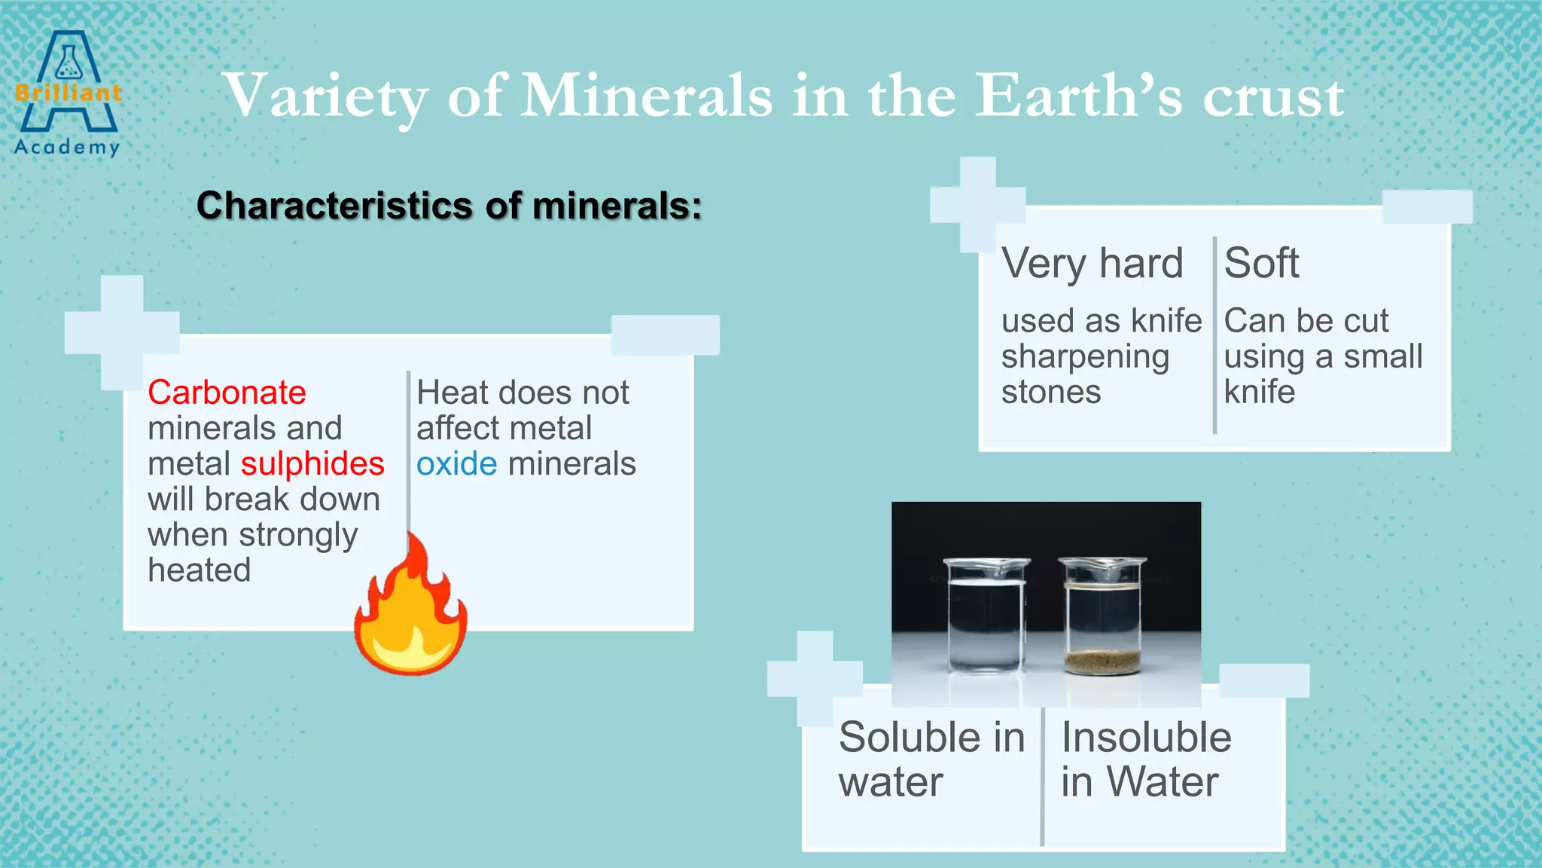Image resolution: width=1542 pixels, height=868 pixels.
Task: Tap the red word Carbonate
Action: tap(227, 393)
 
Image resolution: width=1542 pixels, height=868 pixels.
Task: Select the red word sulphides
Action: tap(312, 463)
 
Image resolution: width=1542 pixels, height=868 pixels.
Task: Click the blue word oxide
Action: tap(456, 463)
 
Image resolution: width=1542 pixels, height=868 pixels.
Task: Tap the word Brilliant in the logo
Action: tap(68, 93)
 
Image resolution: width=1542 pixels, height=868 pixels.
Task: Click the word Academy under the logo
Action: tap(67, 147)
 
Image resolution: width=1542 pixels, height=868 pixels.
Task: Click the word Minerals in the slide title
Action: tap(647, 96)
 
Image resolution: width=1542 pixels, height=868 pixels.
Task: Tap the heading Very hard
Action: tap(1092, 264)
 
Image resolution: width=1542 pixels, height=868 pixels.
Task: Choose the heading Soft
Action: tap(1261, 264)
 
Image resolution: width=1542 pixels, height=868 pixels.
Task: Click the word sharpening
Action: tap(1085, 357)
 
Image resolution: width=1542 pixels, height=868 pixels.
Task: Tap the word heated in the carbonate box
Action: tap(199, 570)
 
